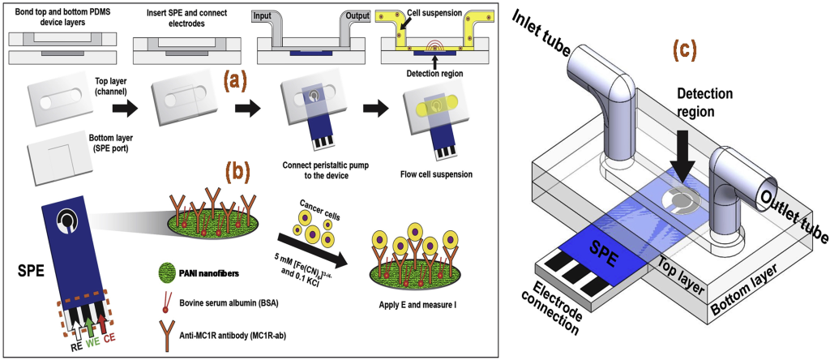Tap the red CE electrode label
point(109,344)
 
